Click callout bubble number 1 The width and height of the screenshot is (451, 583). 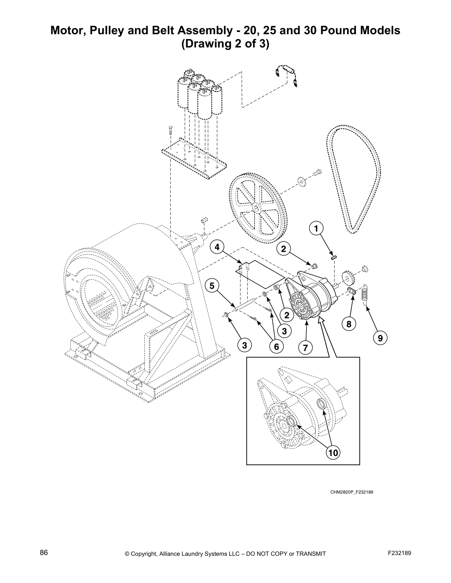click(316, 228)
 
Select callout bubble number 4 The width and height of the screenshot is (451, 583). click(217, 247)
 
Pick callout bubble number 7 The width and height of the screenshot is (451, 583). click(305, 347)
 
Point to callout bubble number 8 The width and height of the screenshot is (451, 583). click(349, 324)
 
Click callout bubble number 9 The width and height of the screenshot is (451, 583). click(380, 337)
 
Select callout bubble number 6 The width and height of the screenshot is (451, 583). click(276, 346)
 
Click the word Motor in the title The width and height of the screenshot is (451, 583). click(67, 31)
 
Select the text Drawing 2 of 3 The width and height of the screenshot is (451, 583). click(225, 44)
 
